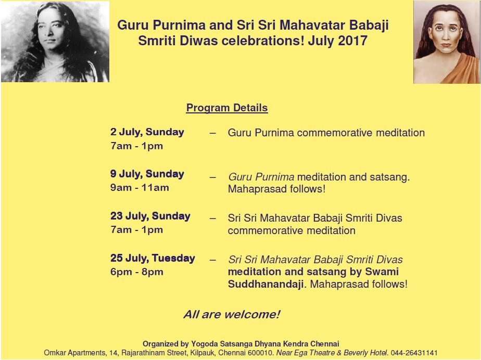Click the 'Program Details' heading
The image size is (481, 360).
click(227, 108)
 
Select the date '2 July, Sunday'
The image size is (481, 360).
click(147, 132)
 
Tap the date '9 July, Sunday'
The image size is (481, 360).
click(147, 174)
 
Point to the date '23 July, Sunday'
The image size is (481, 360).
click(150, 216)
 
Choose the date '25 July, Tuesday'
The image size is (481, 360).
click(153, 258)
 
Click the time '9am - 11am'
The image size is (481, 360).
click(140, 188)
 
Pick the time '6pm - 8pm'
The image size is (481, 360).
click(137, 272)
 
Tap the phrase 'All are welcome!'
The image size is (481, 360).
click(232, 314)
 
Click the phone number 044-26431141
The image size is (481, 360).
click(414, 353)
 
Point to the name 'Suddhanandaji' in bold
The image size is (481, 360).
click(265, 284)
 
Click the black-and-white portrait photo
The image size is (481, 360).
click(55, 42)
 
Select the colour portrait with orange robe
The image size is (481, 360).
click(447, 42)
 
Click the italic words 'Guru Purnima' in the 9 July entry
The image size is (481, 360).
click(261, 177)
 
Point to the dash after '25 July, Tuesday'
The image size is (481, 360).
click(212, 260)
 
